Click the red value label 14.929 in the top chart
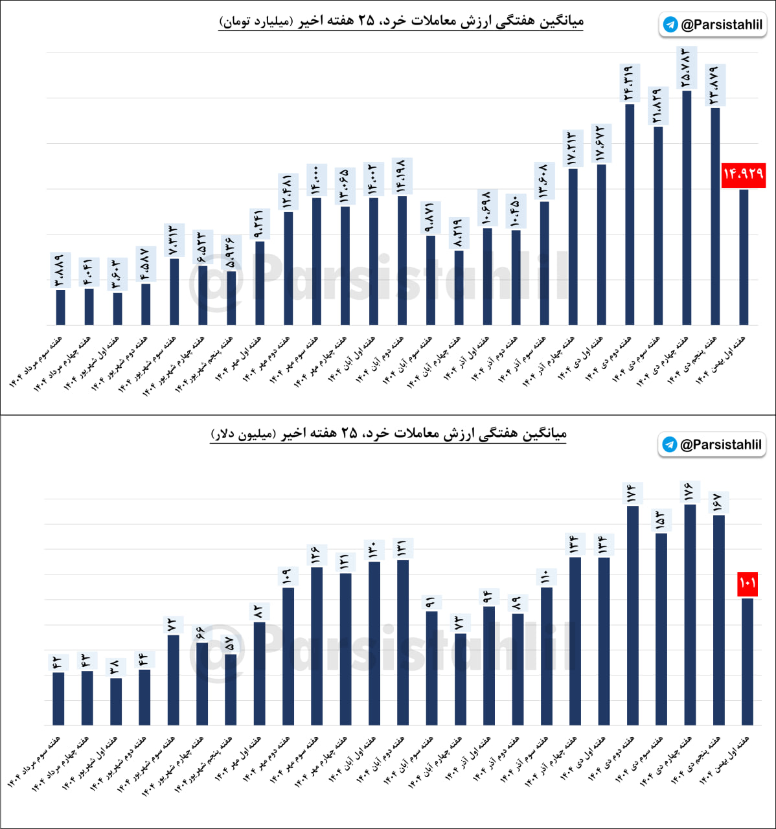point(744,174)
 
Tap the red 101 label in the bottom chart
point(747,583)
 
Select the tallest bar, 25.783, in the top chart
point(687,207)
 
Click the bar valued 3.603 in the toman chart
point(117,309)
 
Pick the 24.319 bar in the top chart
point(630,214)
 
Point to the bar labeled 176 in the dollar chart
point(690,615)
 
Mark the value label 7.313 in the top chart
point(174,240)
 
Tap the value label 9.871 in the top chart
point(431,218)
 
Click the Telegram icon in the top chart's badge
point(670,25)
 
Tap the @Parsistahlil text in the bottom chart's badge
point(720,445)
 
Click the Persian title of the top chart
point(401,21)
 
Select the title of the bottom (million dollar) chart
point(389,433)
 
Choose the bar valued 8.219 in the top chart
point(459,288)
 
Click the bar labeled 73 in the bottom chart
point(461,679)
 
